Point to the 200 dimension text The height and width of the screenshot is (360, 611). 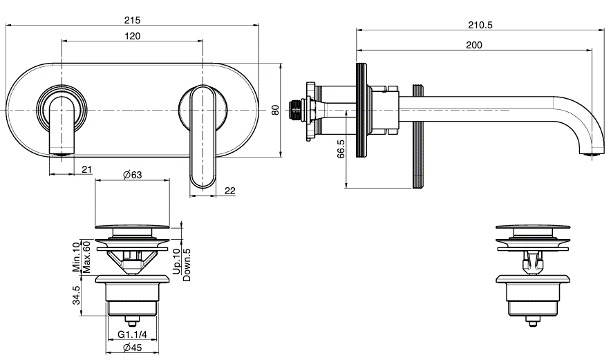pyautogui.click(x=474, y=45)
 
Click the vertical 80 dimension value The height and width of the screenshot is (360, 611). pyautogui.click(x=274, y=110)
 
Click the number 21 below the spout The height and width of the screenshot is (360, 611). pyautogui.click(x=87, y=169)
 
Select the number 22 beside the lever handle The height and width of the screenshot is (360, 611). pyautogui.click(x=230, y=191)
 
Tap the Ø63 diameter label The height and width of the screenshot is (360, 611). pyautogui.click(x=132, y=176)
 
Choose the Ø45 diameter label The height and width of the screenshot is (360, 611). pyautogui.click(x=132, y=348)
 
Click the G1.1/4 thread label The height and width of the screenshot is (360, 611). pyautogui.click(x=131, y=334)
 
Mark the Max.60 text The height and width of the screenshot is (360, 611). pyautogui.click(x=86, y=256)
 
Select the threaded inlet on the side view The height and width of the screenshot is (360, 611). pyautogui.click(x=299, y=110)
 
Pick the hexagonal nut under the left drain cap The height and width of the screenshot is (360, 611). pyautogui.click(x=132, y=261)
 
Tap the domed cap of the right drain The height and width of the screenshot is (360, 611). pyautogui.click(x=534, y=227)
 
